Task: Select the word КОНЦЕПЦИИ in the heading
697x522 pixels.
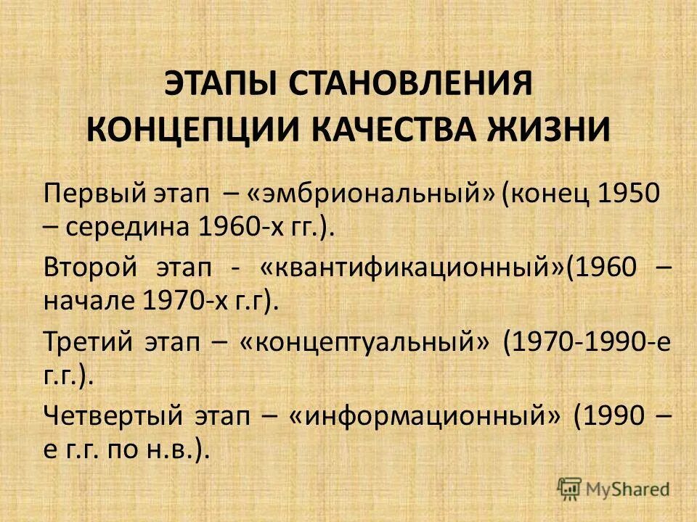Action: click(190, 130)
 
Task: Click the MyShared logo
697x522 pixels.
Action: click(614, 489)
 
